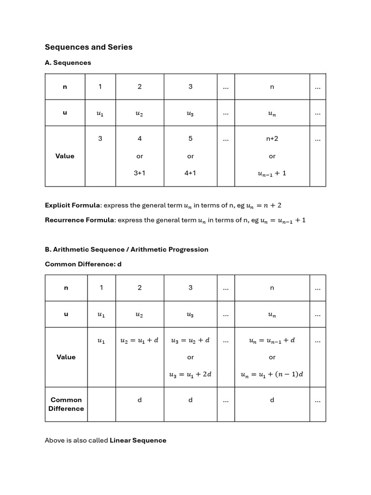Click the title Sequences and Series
pos(88,47)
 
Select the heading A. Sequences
pos(68,62)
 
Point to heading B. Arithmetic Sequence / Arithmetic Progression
pos(127,249)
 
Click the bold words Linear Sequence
pos(138,440)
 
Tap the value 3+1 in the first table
pos(140,173)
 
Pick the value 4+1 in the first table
pos(190,173)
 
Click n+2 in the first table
pos(272,138)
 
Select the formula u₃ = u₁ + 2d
pos(190,374)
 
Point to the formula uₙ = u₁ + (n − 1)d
pos(272,374)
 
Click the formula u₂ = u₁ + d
pos(140,340)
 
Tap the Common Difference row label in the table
pos(66,404)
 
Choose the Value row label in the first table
pos(65,156)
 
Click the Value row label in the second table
pos(66,357)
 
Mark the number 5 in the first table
pos(190,138)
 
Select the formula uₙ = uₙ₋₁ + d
pos(272,340)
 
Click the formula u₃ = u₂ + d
pos(190,340)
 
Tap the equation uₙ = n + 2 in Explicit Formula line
pos(264,205)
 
